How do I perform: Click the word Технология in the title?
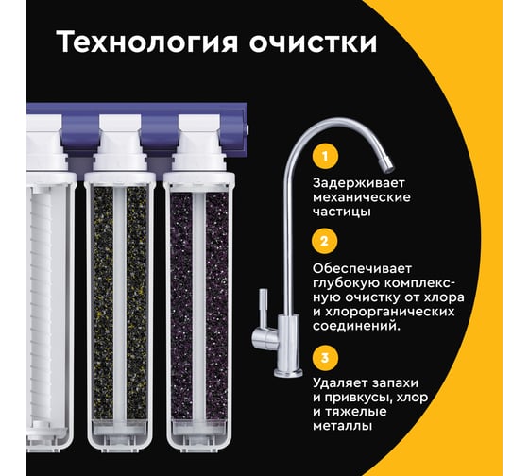click(147, 42)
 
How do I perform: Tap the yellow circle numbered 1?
click(325, 156)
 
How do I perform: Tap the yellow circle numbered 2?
click(325, 241)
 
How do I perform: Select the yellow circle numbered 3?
click(325, 358)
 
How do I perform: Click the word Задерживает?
click(358, 183)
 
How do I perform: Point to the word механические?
click(361, 197)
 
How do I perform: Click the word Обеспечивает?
click(362, 269)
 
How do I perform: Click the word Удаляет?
click(341, 383)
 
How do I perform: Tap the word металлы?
click(342, 426)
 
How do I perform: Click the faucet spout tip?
click(387, 164)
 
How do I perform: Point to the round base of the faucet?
click(288, 373)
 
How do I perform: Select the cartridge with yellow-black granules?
click(120, 303)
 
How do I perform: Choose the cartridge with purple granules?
click(198, 303)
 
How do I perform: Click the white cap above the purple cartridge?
click(198, 143)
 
